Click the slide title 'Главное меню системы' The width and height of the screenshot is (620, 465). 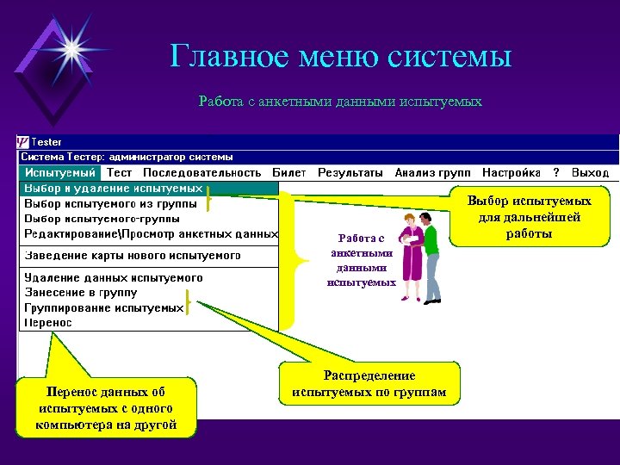[x=341, y=57]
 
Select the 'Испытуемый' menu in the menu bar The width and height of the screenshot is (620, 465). [x=60, y=173]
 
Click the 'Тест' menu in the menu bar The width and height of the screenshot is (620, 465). [x=119, y=173]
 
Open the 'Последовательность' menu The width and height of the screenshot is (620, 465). [x=201, y=173]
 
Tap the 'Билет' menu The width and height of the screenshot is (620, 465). [x=289, y=173]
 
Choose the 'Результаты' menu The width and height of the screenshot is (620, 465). [x=350, y=173]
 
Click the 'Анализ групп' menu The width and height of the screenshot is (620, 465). [x=432, y=173]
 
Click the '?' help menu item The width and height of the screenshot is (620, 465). [x=556, y=173]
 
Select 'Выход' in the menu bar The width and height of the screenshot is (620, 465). [x=590, y=173]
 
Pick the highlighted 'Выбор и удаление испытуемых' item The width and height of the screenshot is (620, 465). [x=113, y=188]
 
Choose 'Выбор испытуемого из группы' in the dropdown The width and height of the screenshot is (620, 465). [x=110, y=204]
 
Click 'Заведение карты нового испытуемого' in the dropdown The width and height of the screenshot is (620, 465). [x=132, y=256]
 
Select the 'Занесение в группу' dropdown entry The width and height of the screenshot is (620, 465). [x=80, y=293]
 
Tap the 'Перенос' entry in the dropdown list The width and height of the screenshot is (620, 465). [x=48, y=323]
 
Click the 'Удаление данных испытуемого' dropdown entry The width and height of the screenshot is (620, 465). [x=114, y=278]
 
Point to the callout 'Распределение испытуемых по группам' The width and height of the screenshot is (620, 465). [x=369, y=384]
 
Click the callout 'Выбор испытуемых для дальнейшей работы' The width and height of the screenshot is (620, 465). [x=529, y=217]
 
